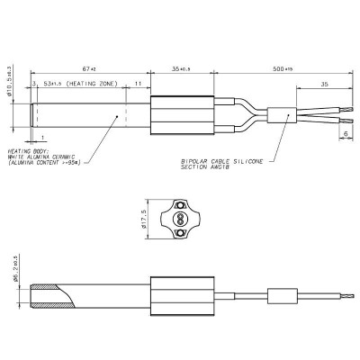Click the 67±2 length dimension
click(88, 68)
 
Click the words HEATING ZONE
click(96, 84)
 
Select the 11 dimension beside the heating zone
click(137, 84)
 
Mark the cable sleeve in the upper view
click(282, 115)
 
